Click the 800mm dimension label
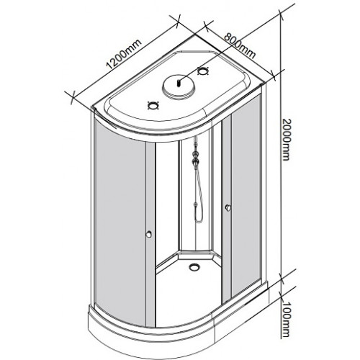(240, 46)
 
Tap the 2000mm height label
(286, 139)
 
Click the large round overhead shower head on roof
(179, 86)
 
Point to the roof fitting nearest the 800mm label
(202, 71)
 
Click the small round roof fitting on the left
(153, 105)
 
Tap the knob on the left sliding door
(149, 234)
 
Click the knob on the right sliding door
(228, 208)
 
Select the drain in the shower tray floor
(194, 266)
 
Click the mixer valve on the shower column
(197, 160)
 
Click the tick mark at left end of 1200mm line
(71, 96)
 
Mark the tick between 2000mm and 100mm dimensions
(282, 279)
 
